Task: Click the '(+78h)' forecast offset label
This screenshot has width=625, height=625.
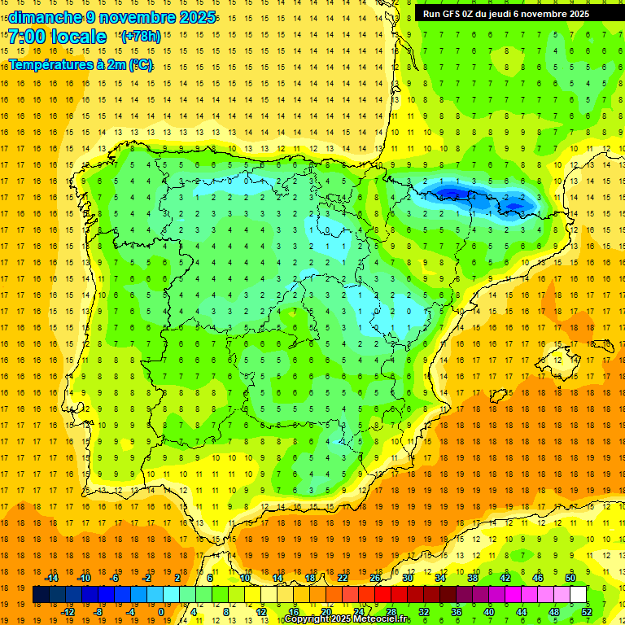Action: pyautogui.click(x=140, y=37)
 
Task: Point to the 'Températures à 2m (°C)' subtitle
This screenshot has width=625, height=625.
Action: pyautogui.click(x=80, y=64)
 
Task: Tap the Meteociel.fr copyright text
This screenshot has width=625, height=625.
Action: pyautogui.click(x=348, y=619)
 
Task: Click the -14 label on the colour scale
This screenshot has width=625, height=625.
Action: pyautogui.click(x=51, y=578)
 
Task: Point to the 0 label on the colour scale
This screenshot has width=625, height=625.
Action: pyautogui.click(x=160, y=612)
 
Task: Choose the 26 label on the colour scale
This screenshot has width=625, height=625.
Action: pyautogui.click(x=375, y=578)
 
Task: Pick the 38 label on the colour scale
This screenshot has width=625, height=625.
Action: pyautogui.click(x=473, y=578)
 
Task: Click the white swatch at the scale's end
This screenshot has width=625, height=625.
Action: pyautogui.click(x=578, y=595)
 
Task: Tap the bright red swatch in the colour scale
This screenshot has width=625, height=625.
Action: pyautogui.click(x=382, y=595)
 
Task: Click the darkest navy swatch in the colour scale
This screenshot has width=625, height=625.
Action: pyautogui.click(x=41, y=595)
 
